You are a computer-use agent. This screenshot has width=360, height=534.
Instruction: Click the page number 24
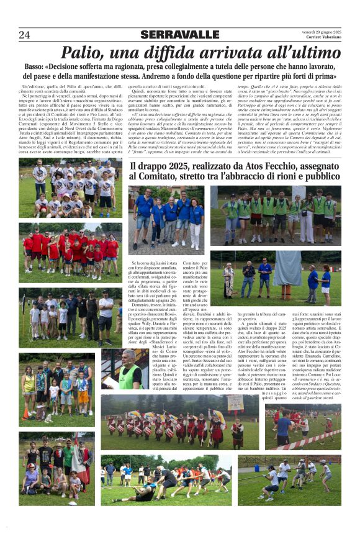point(24,35)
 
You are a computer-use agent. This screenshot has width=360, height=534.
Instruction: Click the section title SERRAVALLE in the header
point(180,35)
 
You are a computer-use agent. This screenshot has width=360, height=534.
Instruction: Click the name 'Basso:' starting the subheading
point(36,66)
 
